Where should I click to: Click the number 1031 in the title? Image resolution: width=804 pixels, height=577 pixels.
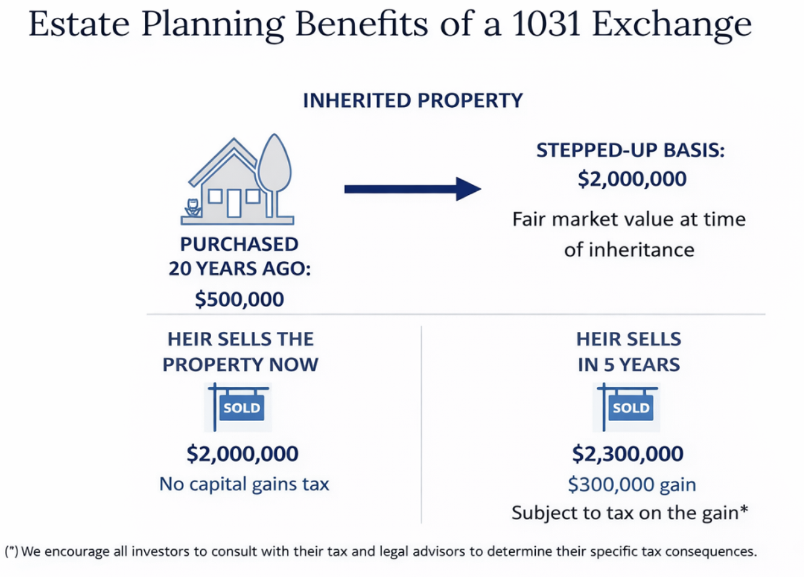pyautogui.click(x=546, y=24)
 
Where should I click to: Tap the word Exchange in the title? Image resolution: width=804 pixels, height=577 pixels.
pyautogui.click(x=672, y=26)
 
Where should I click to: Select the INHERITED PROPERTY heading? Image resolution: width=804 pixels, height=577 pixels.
pyautogui.click(x=413, y=100)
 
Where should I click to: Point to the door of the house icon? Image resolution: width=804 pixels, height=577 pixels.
pyautogui.click(x=234, y=204)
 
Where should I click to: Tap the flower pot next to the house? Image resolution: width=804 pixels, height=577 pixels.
pyautogui.click(x=193, y=207)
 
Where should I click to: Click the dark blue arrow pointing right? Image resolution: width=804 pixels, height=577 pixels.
pyautogui.click(x=413, y=189)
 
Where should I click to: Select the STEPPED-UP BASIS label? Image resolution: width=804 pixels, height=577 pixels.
pyautogui.click(x=631, y=150)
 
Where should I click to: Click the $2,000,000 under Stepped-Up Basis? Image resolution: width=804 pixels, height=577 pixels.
pyautogui.click(x=632, y=179)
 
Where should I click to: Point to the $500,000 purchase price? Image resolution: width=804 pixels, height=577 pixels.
pyautogui.click(x=240, y=299)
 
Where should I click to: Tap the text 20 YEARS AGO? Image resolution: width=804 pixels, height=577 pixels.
pyautogui.click(x=240, y=269)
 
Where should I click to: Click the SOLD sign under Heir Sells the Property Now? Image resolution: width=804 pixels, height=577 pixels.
pyautogui.click(x=242, y=407)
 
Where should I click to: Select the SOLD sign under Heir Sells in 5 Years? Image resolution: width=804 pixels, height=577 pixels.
pyautogui.click(x=631, y=407)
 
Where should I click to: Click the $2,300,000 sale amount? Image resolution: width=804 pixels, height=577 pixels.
pyautogui.click(x=627, y=454)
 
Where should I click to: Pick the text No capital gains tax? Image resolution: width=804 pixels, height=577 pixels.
pyautogui.click(x=244, y=484)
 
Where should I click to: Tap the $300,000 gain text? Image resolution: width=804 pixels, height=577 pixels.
pyautogui.click(x=632, y=484)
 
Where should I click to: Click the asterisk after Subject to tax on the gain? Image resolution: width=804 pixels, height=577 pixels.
pyautogui.click(x=744, y=509)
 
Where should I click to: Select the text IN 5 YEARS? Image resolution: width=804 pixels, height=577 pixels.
pyautogui.click(x=629, y=365)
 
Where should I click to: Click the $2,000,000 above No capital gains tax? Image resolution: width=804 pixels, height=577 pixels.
pyautogui.click(x=243, y=454)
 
